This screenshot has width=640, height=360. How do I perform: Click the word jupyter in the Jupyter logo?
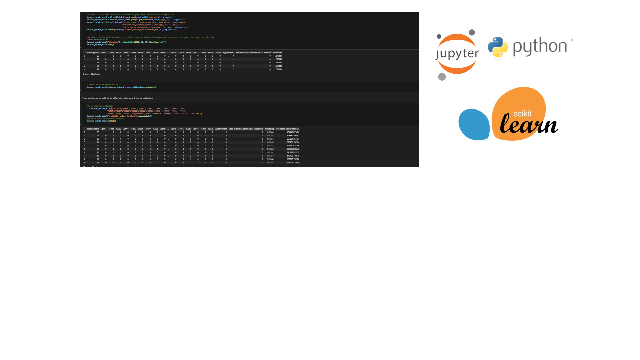(457, 54)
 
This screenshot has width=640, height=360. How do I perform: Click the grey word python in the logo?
(540, 46)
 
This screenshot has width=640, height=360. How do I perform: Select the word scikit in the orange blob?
(522, 114)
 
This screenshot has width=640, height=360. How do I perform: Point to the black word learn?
(529, 124)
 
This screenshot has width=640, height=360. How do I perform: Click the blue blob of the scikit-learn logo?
(474, 124)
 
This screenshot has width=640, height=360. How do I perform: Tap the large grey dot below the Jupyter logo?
(442, 77)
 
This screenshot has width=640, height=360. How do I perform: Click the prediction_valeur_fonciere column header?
(288, 129)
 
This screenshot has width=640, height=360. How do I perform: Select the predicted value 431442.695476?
(293, 132)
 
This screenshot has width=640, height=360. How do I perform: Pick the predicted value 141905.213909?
(293, 163)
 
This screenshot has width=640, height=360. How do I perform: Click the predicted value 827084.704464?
(293, 139)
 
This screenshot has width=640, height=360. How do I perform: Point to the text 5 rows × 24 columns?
(91, 74)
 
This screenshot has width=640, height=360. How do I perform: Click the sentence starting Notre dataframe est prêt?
(117, 98)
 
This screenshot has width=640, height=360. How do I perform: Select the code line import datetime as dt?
(97, 40)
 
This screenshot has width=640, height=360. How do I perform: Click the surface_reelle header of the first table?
(93, 52)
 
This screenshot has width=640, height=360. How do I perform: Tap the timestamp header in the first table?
(277, 52)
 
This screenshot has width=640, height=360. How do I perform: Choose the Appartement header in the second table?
(221, 129)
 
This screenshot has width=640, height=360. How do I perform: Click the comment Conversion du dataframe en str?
(102, 85)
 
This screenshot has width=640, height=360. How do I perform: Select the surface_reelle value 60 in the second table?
(98, 156)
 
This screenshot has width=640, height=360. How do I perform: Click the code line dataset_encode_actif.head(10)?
(101, 121)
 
